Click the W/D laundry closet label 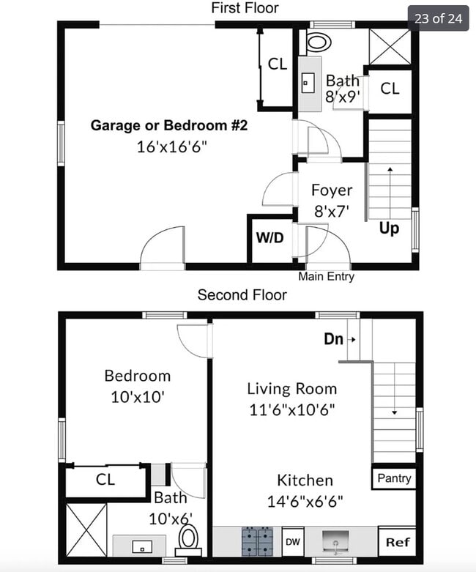click(x=269, y=238)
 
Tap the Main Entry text click(x=326, y=277)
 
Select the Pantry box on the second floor click(x=394, y=478)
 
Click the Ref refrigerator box click(x=398, y=543)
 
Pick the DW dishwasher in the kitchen click(x=293, y=543)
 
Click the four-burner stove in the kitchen click(x=258, y=542)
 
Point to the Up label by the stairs click(x=389, y=229)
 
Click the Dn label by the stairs click(x=334, y=339)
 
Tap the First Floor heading click(x=245, y=8)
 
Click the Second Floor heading click(x=242, y=295)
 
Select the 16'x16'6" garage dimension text click(x=171, y=146)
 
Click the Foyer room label click(x=332, y=190)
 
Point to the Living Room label click(x=291, y=389)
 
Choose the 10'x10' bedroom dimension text click(x=137, y=397)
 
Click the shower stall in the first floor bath click(x=390, y=46)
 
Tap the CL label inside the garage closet click(x=278, y=64)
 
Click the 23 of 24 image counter click(x=438, y=18)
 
